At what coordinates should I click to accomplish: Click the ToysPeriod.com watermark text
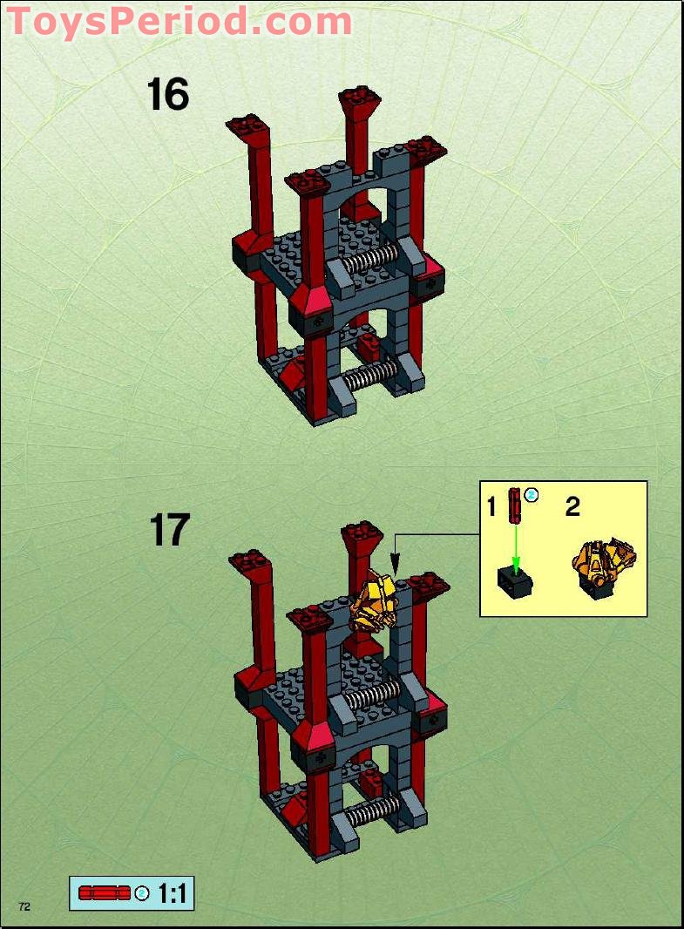[x=179, y=21]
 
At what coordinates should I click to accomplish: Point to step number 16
[x=167, y=94]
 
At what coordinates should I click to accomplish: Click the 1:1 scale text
[x=173, y=893]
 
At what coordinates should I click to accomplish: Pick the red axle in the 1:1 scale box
[x=104, y=893]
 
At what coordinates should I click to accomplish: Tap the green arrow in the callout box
[x=516, y=545]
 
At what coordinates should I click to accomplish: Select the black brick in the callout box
[x=514, y=580]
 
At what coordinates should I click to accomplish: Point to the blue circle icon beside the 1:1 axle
[x=142, y=893]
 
